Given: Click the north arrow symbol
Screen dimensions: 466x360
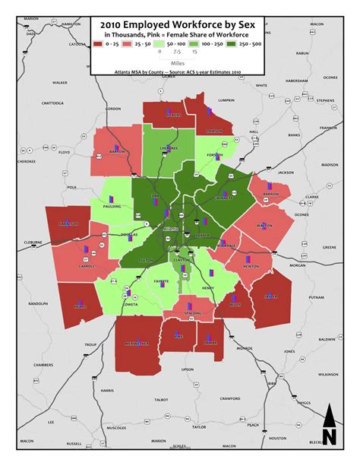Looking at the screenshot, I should [330, 426].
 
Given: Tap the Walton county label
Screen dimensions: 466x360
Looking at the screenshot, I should [265, 225].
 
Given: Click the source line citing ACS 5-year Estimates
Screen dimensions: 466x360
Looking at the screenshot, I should [180, 74].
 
